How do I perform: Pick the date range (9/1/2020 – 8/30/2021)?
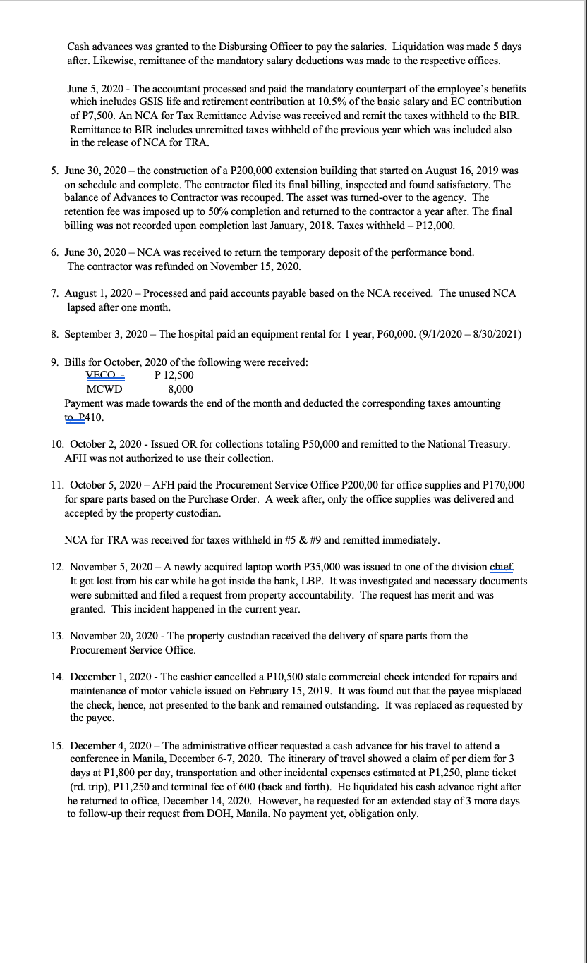point(454,334)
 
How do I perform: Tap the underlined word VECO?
point(102,375)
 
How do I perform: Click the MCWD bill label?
point(104,389)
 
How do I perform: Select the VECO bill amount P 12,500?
point(174,375)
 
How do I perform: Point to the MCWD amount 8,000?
point(180,389)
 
